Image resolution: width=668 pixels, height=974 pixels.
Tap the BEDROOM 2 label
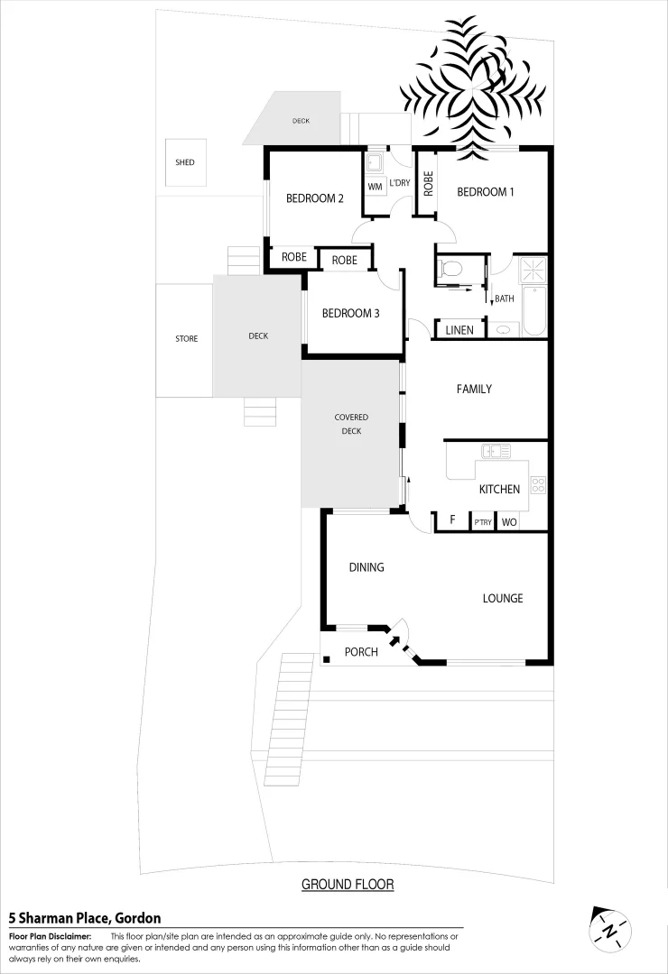tap(315, 199)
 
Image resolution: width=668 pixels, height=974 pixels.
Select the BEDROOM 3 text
tap(350, 314)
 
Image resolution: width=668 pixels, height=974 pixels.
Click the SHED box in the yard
tap(185, 163)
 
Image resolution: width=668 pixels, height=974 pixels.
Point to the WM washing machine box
tap(376, 187)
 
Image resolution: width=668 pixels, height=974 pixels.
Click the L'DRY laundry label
tap(399, 183)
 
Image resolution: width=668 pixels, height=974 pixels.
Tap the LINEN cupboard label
tap(459, 330)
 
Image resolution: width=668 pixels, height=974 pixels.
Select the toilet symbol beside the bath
tap(452, 268)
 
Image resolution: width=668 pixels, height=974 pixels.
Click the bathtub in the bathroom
tap(534, 310)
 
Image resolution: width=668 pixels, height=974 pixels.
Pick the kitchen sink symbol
tap(496, 451)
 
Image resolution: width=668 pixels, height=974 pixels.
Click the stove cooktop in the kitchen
tap(538, 484)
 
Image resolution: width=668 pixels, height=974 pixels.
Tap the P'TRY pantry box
tap(482, 522)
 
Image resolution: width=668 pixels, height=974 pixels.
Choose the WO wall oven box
tap(509, 522)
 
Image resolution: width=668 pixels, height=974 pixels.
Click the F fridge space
tap(452, 521)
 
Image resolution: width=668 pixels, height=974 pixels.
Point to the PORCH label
tap(361, 652)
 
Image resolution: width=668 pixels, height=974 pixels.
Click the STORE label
tap(186, 339)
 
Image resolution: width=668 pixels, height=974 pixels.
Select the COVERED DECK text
tap(351, 424)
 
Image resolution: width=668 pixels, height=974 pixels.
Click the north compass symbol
tap(611, 929)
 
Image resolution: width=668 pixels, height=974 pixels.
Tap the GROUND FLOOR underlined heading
tap(348, 885)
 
